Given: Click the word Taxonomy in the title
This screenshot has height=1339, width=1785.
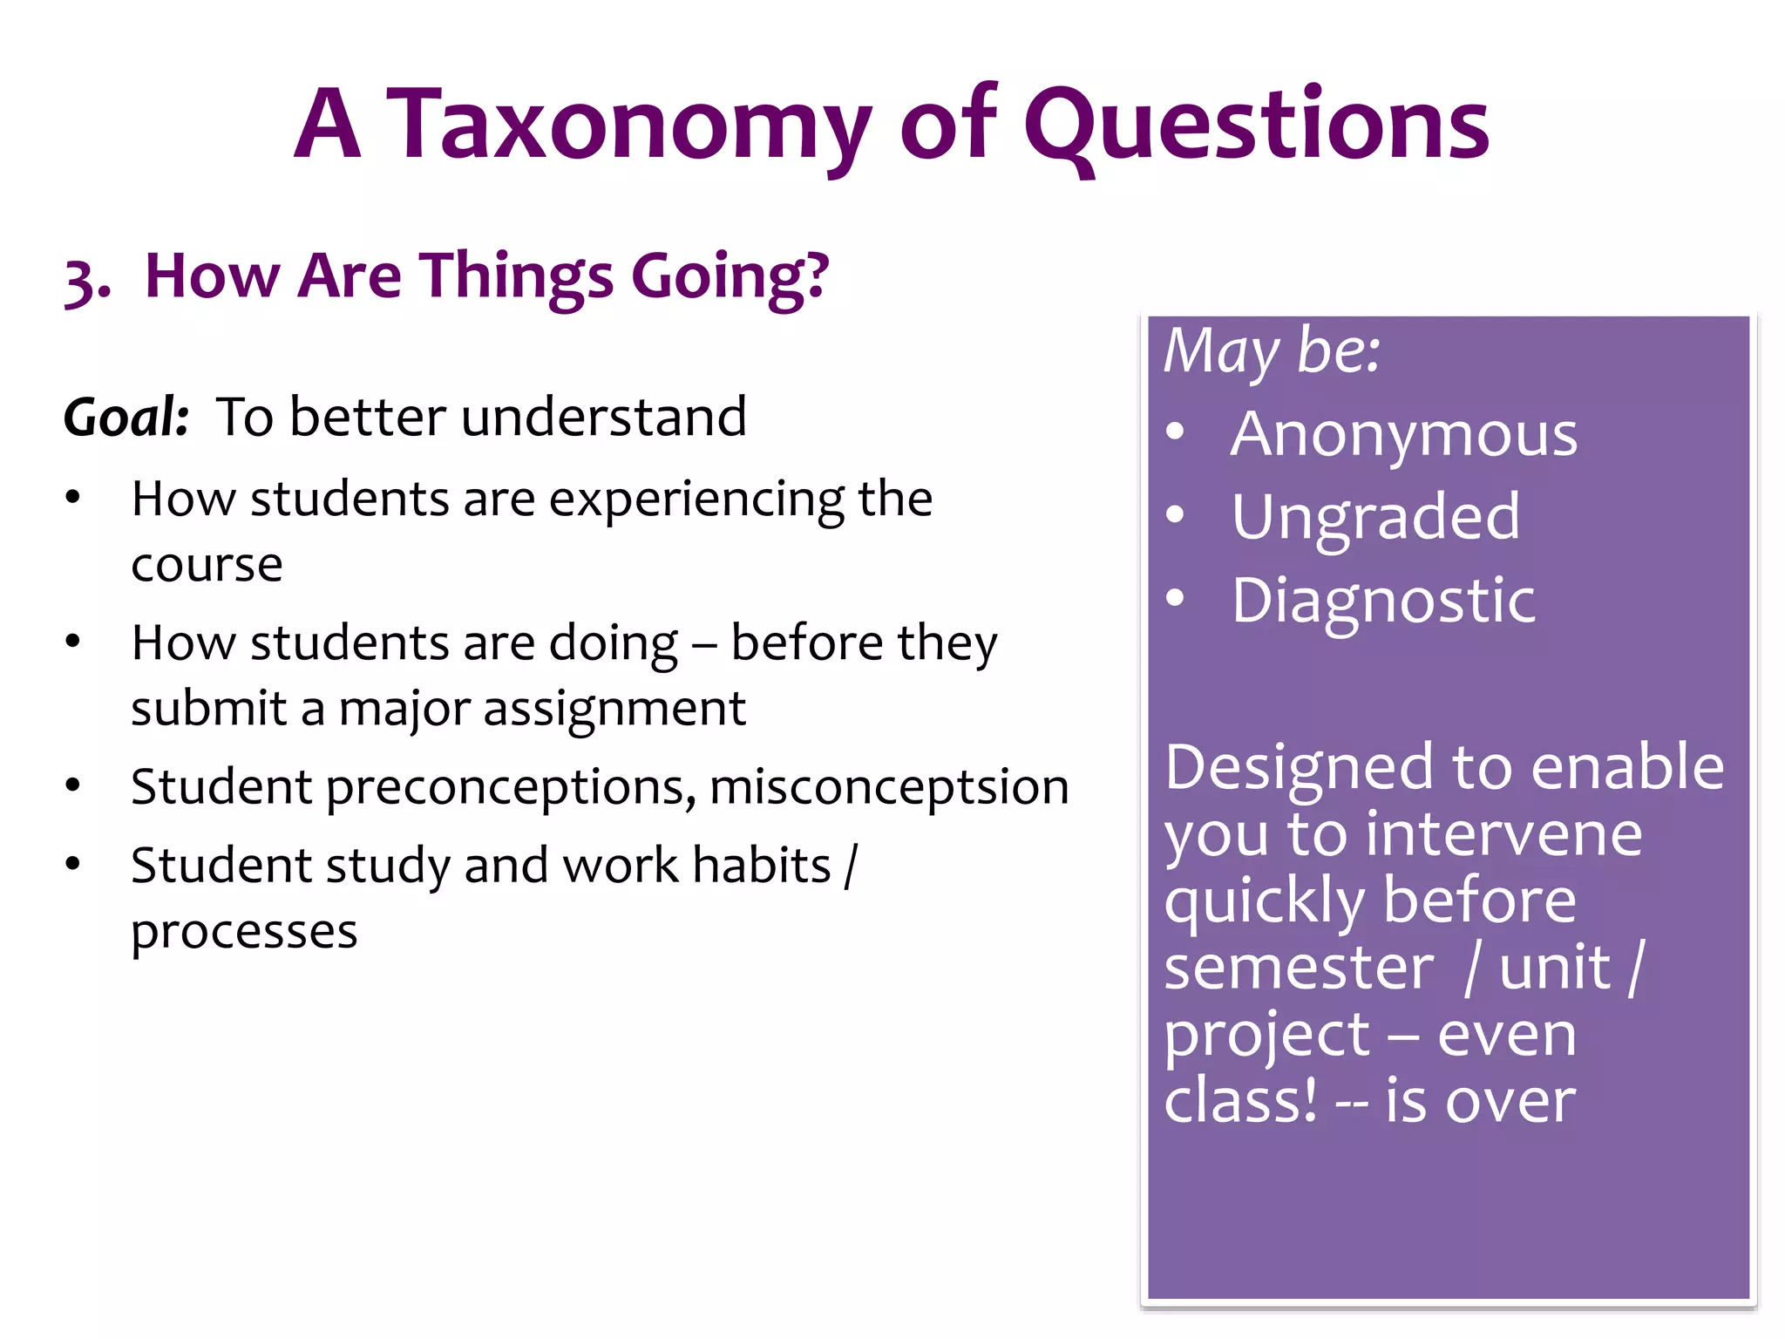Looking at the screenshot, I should (628, 126).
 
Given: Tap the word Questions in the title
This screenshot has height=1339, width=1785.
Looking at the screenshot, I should (1256, 126).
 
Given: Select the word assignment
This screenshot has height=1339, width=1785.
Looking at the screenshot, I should (614, 709).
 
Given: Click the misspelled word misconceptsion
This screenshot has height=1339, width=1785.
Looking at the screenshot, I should (889, 787).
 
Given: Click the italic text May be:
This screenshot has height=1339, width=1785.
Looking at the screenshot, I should (1272, 351).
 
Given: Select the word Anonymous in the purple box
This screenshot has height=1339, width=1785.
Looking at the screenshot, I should (1403, 435).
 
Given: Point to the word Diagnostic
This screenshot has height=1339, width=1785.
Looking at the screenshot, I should (1383, 601).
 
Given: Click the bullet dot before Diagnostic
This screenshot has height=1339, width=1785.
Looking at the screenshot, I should (1176, 598).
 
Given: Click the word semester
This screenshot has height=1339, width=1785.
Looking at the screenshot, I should (1298, 968).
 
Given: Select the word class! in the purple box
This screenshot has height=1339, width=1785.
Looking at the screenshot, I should (1239, 1101).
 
